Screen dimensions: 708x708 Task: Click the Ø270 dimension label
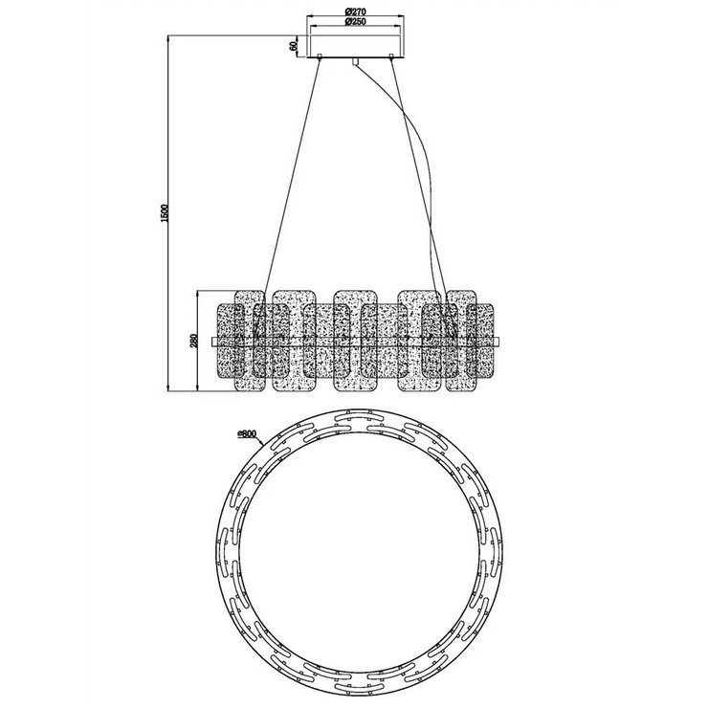[355, 12]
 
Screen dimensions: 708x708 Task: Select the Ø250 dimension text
[355, 22]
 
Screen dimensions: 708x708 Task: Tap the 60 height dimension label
[294, 46]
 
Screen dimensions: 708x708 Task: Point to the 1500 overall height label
[165, 212]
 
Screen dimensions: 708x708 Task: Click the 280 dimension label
[194, 340]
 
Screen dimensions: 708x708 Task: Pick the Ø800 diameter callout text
[247, 434]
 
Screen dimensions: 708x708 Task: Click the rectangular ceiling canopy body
[355, 45]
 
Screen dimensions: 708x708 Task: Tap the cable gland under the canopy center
[355, 61]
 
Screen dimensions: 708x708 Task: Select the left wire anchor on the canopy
[321, 56]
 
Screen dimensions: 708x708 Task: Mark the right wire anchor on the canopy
[391, 56]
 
